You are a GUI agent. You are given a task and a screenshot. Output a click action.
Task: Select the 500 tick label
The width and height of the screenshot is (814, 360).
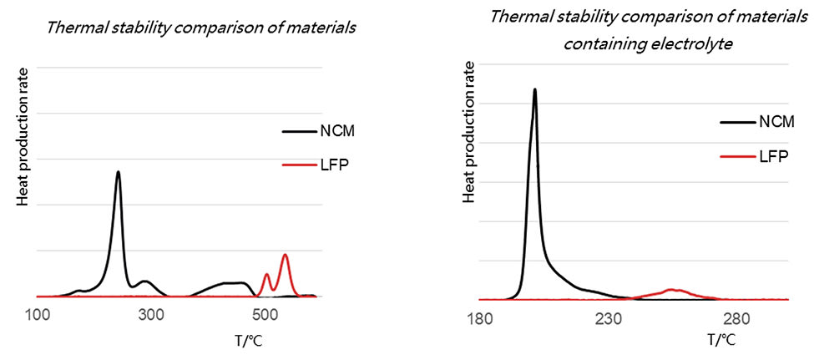pos(264,314)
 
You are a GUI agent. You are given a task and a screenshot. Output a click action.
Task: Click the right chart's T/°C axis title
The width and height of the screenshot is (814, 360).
pos(722,340)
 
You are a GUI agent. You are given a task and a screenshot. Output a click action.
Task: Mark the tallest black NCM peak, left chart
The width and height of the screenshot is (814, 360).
pos(118,172)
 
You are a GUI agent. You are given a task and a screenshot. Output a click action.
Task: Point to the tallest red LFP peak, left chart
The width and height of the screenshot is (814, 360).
pos(285,255)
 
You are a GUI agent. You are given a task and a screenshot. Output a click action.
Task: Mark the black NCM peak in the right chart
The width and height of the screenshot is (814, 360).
pos(534,89)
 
